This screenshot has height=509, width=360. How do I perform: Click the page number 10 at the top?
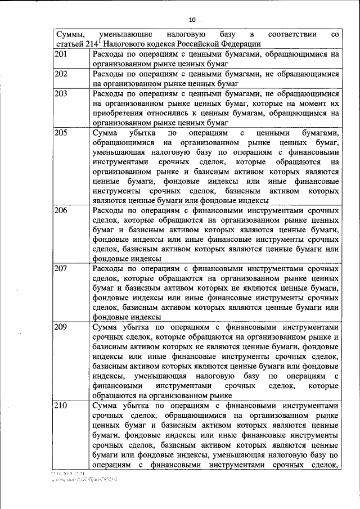(192, 20)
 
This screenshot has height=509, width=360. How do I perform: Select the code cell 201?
(61, 55)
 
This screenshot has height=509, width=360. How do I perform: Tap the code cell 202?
(61, 74)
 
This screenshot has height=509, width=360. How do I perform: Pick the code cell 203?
(61, 93)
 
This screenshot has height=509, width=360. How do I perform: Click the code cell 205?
(61, 133)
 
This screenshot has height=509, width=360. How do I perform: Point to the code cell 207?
(61, 268)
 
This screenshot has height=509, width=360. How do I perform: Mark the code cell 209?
(61, 327)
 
